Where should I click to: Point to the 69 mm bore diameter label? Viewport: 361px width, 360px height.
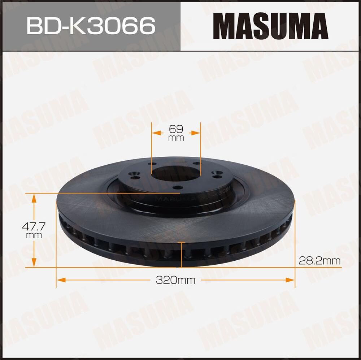point(176,132)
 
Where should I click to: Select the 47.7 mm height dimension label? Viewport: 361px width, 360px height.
point(34,230)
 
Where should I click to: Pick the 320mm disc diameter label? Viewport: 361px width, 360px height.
point(176,280)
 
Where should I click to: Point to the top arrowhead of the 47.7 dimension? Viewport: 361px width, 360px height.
point(34,197)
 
